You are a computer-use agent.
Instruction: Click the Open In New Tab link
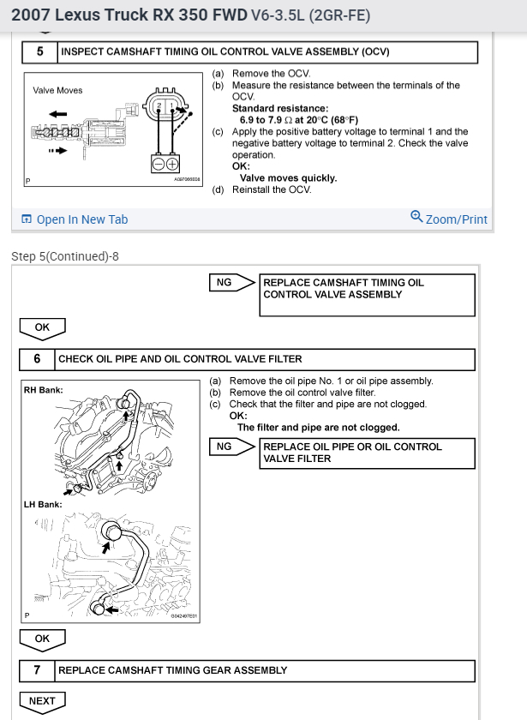coord(75,219)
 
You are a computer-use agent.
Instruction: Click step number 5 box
coord(39,52)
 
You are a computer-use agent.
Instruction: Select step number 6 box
coord(37,359)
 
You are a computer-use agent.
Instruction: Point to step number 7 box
coord(37,670)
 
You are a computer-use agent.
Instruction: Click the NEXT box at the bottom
coord(42,701)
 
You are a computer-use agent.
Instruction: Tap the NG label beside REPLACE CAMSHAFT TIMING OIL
coord(224,283)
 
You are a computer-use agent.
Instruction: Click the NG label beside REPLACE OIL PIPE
coord(224,447)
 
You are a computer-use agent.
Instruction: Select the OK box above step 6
coord(42,327)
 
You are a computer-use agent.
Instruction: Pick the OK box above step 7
coord(42,639)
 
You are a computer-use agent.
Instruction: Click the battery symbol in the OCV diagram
coord(165,164)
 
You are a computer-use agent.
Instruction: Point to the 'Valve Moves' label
coord(58,90)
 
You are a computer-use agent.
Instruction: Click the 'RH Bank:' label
coord(43,391)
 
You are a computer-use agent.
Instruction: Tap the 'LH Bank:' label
coord(43,505)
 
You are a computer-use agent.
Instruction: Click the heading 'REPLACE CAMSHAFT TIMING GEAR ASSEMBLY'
coord(172,670)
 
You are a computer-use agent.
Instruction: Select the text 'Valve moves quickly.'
coord(288,178)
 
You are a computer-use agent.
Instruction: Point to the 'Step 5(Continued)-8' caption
coord(64,256)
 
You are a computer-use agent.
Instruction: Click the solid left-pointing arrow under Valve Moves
coord(57,113)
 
